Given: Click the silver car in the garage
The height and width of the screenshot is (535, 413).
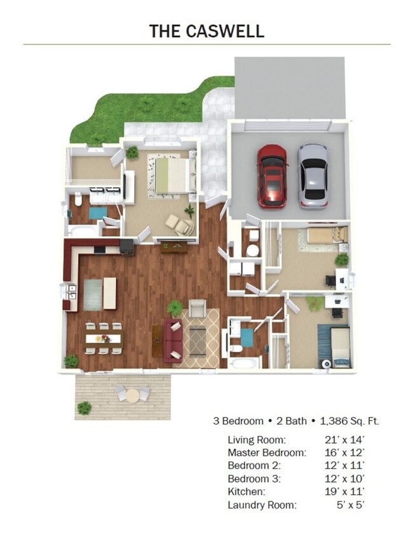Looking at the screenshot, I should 313,176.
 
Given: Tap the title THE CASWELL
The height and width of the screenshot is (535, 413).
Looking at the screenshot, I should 207,31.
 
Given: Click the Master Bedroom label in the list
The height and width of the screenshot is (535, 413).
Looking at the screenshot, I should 267,452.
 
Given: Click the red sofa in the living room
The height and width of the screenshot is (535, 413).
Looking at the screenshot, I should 172,341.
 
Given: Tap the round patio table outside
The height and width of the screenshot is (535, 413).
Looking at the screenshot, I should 133,395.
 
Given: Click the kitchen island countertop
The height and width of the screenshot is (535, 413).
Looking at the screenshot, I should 110,293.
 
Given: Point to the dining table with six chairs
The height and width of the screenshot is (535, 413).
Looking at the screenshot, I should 104,338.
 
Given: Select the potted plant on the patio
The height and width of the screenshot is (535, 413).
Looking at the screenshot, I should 84,408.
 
